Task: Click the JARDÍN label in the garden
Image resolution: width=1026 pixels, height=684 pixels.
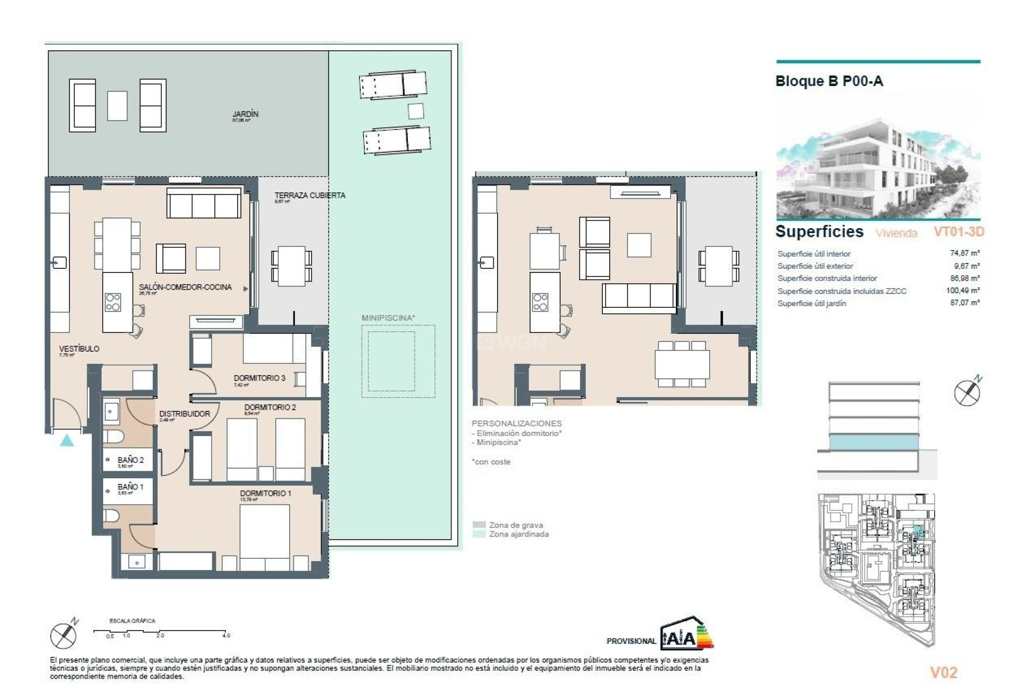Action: tap(245, 114)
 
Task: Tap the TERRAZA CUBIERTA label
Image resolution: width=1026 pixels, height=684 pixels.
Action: tap(310, 196)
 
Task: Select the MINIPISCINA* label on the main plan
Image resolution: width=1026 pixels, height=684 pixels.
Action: tap(388, 318)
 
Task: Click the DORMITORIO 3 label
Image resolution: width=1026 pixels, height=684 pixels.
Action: tap(259, 378)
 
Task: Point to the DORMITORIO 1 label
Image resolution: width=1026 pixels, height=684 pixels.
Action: tap(266, 494)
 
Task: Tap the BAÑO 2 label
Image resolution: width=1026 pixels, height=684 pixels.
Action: tap(130, 460)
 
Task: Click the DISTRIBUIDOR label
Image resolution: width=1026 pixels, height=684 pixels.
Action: tap(184, 414)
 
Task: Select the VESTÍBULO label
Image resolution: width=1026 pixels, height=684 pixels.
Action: tap(79, 349)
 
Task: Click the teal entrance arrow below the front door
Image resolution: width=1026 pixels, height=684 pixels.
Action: tap(67, 441)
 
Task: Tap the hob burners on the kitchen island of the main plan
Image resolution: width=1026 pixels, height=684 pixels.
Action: tap(113, 302)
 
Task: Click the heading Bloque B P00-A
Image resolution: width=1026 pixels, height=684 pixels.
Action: tap(829, 82)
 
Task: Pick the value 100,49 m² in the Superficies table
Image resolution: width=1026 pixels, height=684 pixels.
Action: tap(962, 291)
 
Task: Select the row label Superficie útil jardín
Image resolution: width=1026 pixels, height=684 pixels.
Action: tap(812, 304)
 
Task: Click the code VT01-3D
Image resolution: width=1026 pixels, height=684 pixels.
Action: tap(958, 232)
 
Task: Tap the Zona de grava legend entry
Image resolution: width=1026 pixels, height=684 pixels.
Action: tap(515, 525)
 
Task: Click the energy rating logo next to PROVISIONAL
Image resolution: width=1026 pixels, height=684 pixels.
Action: tap(687, 634)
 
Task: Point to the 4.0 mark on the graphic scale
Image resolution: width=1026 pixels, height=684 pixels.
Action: tap(226, 635)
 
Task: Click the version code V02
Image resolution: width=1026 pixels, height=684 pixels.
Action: tap(943, 672)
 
